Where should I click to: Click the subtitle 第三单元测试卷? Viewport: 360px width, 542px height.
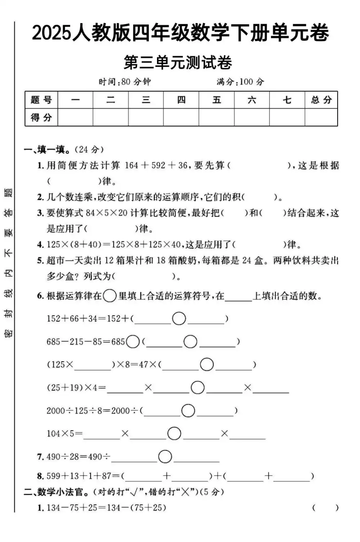coord(178,63)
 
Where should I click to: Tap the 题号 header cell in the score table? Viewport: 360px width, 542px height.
coord(41,100)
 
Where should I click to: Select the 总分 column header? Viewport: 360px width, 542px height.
coord(321,100)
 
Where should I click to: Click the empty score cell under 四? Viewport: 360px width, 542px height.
coord(181,117)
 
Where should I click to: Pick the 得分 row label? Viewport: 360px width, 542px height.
coord(41,117)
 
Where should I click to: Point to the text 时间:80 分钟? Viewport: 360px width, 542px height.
coord(125,82)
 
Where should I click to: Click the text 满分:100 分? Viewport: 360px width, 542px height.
coord(240,82)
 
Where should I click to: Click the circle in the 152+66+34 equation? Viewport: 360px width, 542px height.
coord(179,319)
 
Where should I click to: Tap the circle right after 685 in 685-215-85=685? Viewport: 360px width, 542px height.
coord(133,342)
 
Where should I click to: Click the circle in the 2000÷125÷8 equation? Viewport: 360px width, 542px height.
coord(188,411)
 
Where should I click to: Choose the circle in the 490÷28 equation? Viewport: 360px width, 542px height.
coord(165,457)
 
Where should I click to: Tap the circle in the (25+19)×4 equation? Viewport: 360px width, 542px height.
coord(198,388)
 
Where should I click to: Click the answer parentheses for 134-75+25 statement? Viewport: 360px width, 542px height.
coord(325,508)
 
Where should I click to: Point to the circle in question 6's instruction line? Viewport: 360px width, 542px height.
coord(110,296)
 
